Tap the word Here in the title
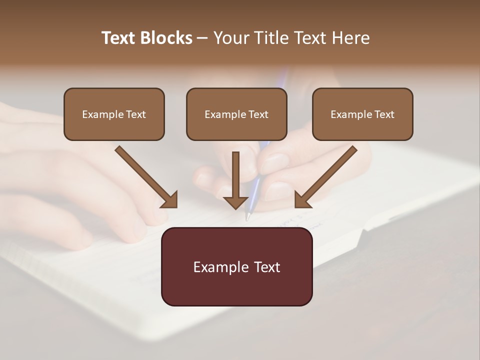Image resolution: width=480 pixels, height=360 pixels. pyautogui.click(x=350, y=38)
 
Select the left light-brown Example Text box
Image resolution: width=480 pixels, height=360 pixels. pyautogui.click(x=114, y=114)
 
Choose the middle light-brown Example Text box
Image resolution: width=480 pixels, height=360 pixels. pyautogui.click(x=236, y=114)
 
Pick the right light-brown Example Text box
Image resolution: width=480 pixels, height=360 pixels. pyautogui.click(x=362, y=114)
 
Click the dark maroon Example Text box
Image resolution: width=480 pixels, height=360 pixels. pyautogui.click(x=236, y=266)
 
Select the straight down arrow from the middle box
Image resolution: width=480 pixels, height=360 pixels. pyautogui.click(x=235, y=180)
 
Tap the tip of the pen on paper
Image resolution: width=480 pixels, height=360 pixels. pyautogui.click(x=247, y=218)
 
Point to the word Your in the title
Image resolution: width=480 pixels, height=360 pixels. pyautogui.click(x=230, y=38)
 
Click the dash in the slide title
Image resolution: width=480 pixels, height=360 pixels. pyautogui.click(x=202, y=38)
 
